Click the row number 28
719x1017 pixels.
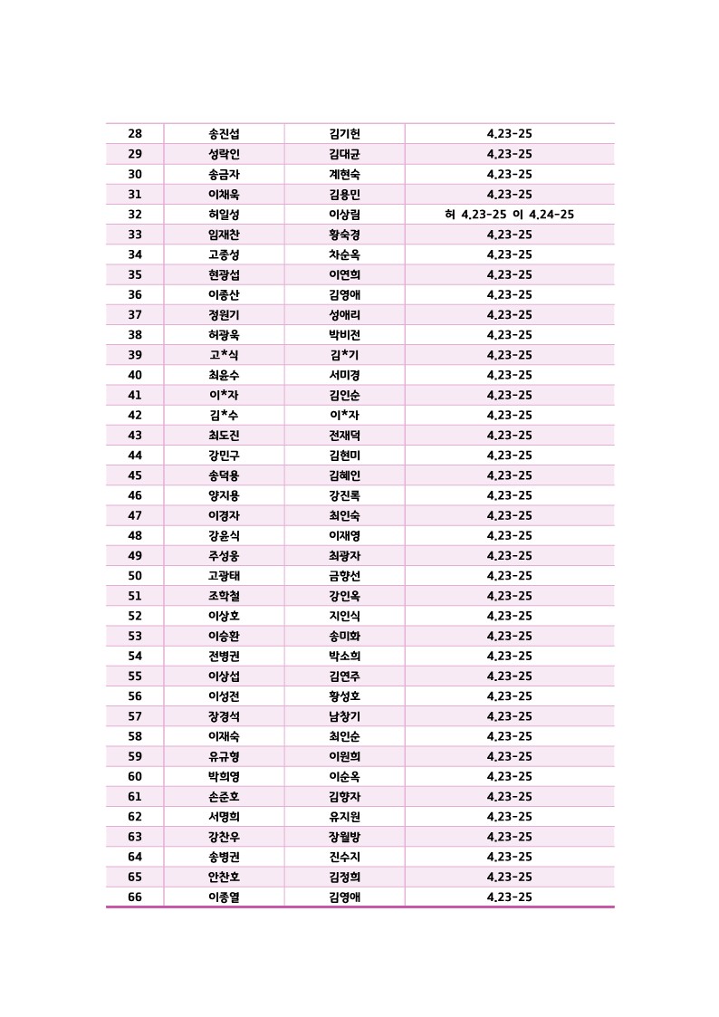point(135,134)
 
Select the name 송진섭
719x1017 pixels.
point(224,134)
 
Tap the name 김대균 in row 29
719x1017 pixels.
point(344,154)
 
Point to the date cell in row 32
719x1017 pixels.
point(509,215)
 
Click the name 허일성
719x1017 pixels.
point(224,215)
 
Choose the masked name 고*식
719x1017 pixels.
point(224,355)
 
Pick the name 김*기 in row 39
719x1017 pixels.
point(344,355)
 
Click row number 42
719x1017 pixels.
point(135,415)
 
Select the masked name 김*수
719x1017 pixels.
point(224,415)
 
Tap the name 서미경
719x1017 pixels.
point(344,375)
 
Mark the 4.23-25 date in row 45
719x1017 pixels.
point(509,475)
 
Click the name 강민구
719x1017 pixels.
point(224,456)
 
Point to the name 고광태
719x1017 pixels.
point(224,576)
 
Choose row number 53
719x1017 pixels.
point(135,636)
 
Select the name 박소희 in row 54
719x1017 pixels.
point(344,656)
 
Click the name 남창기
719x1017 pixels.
point(344,716)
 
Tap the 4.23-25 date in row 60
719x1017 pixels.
point(509,776)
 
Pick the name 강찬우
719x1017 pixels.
point(224,837)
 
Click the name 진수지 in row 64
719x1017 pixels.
point(344,857)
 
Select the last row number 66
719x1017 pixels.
point(135,897)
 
